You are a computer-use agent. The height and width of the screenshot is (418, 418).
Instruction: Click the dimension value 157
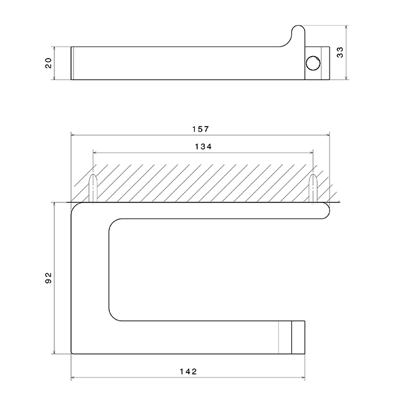click(x=201, y=129)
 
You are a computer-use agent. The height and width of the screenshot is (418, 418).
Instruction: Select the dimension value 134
click(x=203, y=147)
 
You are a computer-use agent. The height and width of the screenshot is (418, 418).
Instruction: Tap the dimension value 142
click(x=188, y=371)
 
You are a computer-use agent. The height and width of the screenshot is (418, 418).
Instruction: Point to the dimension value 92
click(x=48, y=278)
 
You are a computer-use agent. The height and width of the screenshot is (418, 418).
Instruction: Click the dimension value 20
click(x=48, y=63)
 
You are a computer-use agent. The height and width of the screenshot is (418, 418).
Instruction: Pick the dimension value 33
click(x=340, y=53)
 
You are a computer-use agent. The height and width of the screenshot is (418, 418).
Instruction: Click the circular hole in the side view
click(x=313, y=63)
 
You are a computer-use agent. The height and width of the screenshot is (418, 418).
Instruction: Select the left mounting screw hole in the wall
click(x=93, y=188)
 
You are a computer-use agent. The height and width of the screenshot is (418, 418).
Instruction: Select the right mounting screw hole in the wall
click(x=313, y=188)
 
